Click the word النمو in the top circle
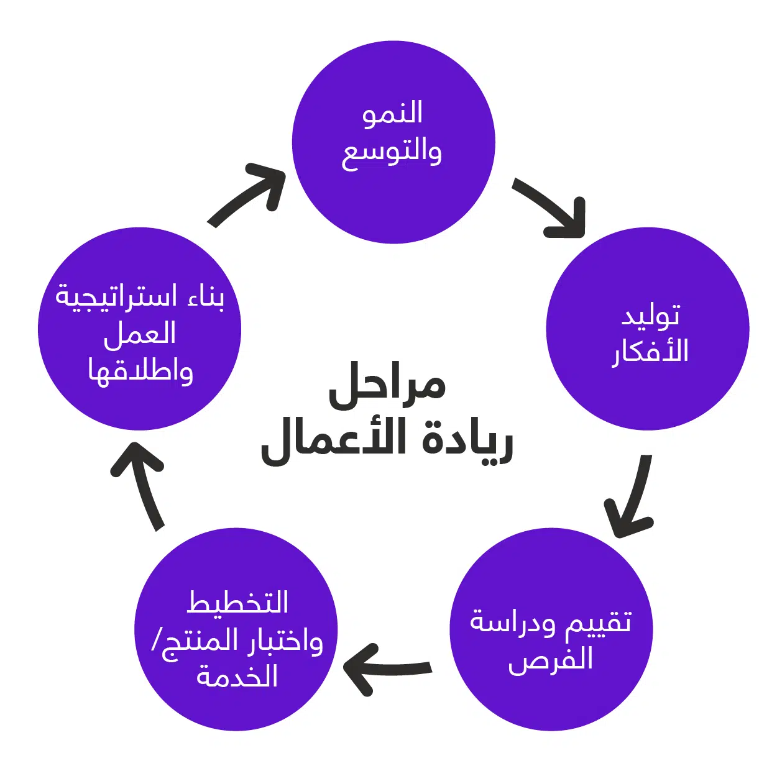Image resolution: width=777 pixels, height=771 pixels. [x=392, y=114]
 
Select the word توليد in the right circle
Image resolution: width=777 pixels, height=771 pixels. [x=650, y=316]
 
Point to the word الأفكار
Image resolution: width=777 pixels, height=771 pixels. [x=651, y=352]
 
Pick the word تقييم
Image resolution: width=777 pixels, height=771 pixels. [x=599, y=622]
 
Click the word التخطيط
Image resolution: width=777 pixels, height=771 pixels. [x=238, y=603]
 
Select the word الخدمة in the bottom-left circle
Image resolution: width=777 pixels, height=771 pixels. [x=237, y=677]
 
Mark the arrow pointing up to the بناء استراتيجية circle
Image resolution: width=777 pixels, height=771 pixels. [x=142, y=485]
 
